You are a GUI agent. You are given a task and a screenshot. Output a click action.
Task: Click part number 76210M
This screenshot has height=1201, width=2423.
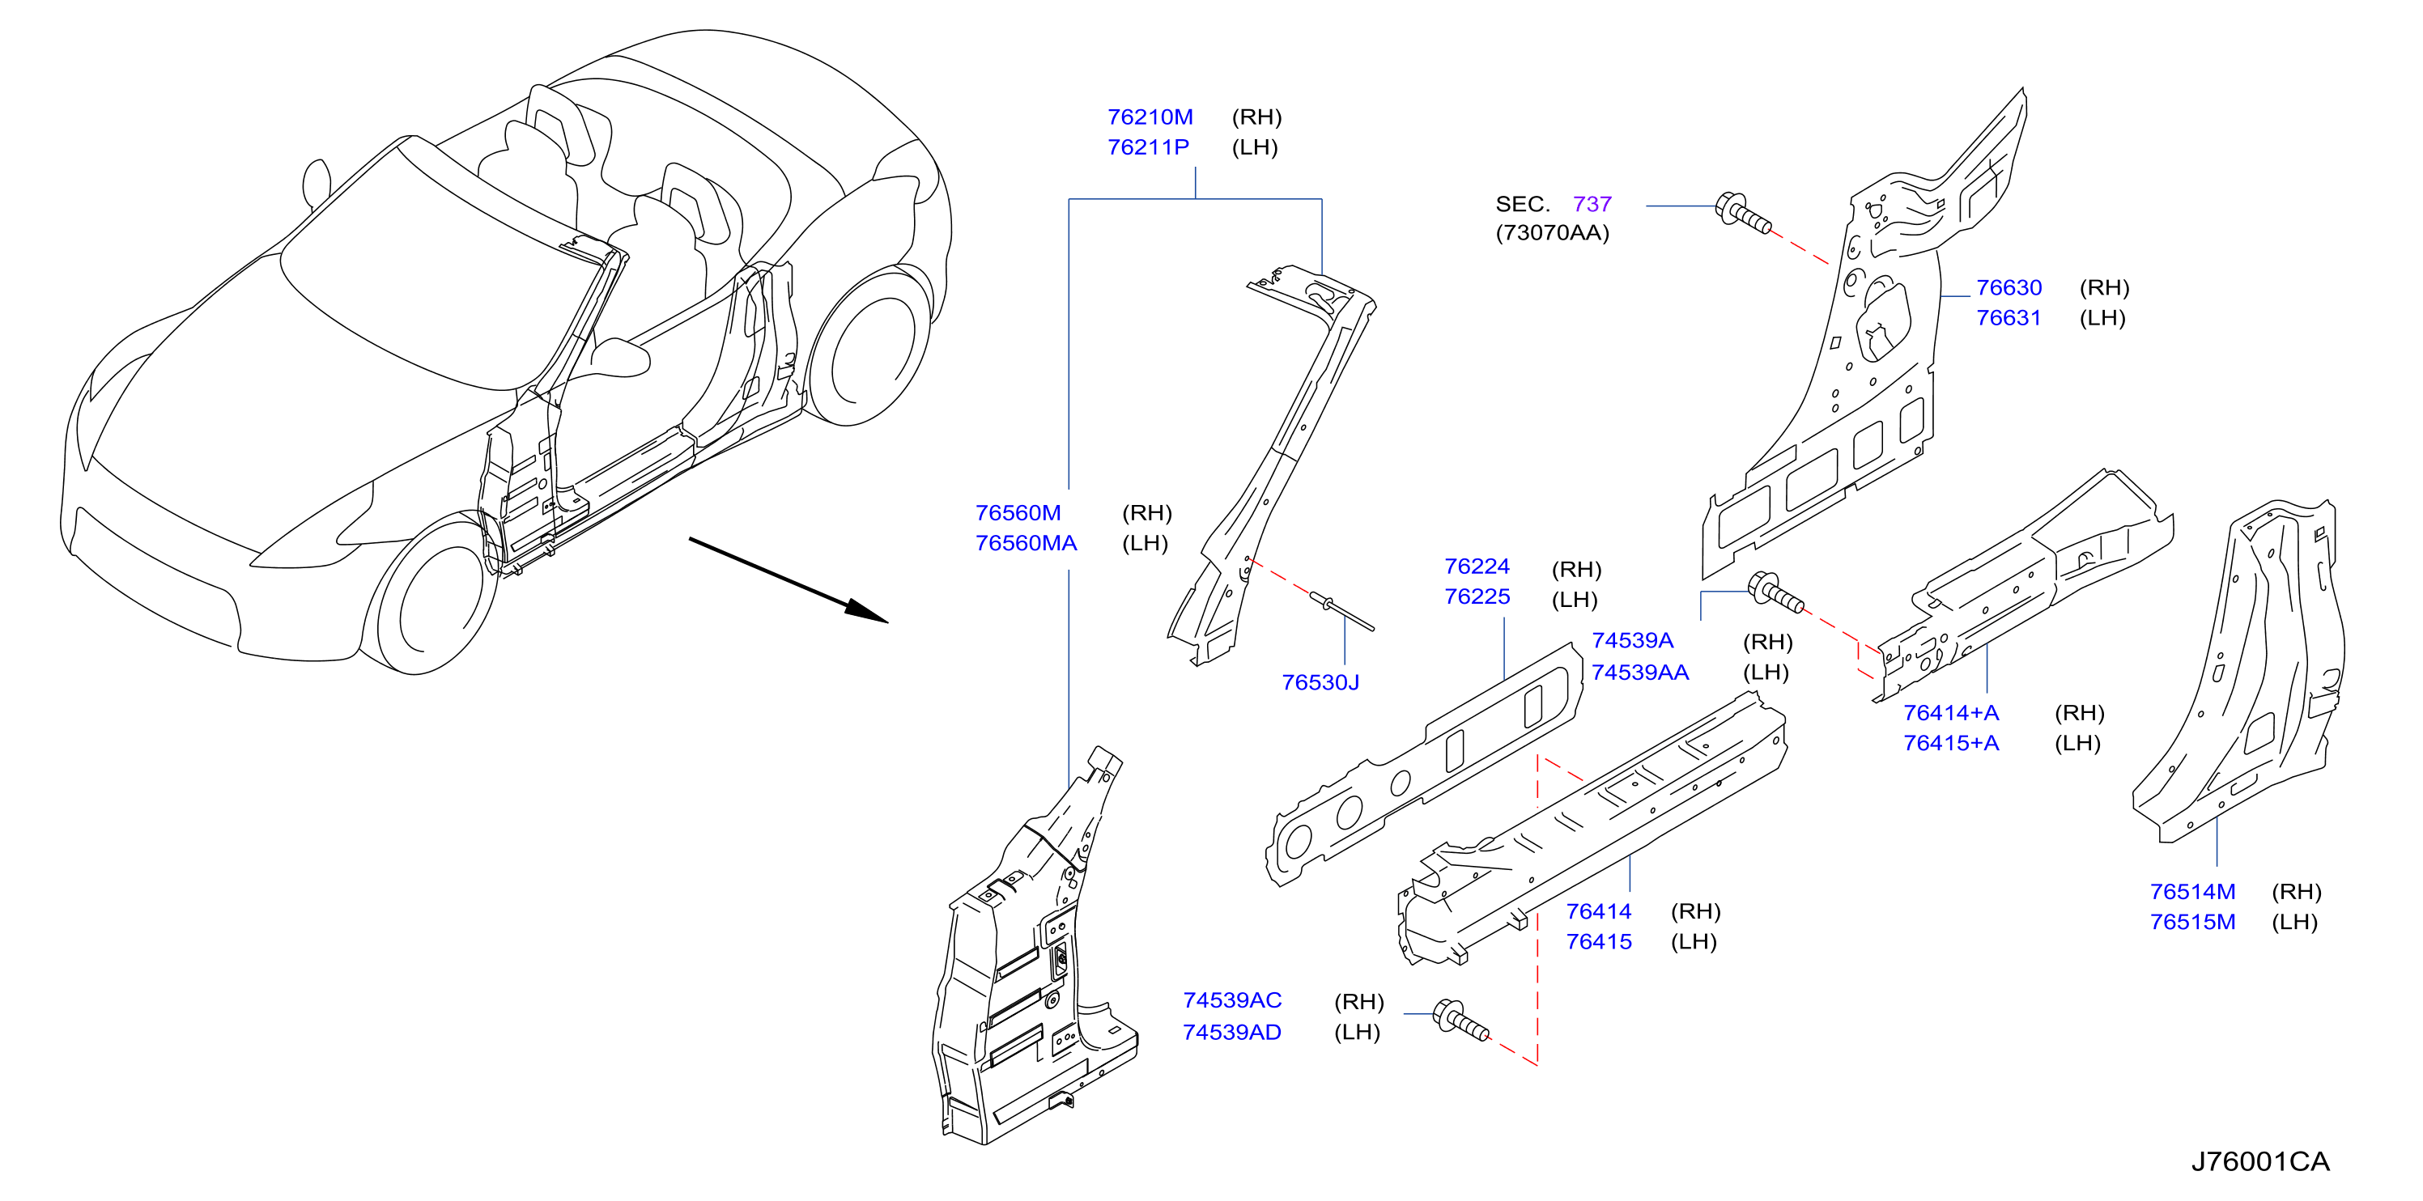1150,117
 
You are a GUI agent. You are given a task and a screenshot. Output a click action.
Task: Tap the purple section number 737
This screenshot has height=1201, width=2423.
1592,203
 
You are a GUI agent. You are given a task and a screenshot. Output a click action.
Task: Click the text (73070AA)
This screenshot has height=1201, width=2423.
1552,232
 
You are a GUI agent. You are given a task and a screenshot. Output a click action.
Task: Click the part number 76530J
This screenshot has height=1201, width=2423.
1320,682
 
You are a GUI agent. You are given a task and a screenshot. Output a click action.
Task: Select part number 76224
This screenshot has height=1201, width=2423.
1477,567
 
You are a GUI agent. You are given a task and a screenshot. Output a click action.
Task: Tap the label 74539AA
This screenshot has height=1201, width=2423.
1639,672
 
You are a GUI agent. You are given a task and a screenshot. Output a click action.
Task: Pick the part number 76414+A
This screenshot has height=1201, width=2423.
1951,712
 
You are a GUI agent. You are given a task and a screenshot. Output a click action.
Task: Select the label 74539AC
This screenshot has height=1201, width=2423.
1231,999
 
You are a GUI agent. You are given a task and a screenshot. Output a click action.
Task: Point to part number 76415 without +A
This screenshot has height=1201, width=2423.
1598,941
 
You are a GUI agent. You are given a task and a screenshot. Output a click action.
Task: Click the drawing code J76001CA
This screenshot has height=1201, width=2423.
2259,1161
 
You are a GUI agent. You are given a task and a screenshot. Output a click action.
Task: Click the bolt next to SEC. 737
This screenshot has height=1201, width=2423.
1743,213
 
